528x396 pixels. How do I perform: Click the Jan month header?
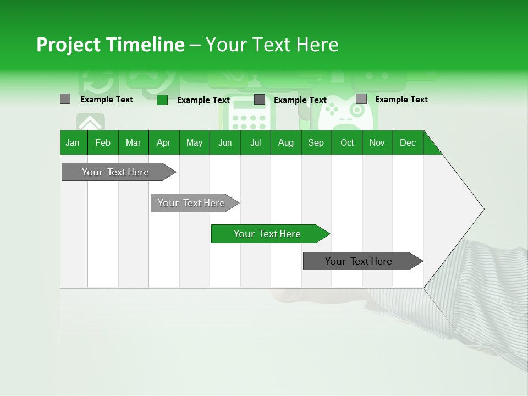[73, 142]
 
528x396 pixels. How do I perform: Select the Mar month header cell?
[133, 142]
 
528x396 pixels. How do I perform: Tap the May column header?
[194, 142]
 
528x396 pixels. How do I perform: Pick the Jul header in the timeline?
[255, 142]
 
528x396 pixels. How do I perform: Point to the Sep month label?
[316, 142]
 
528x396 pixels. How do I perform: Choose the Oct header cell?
[347, 142]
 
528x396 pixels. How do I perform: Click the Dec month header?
[408, 142]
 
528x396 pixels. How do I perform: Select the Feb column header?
[103, 142]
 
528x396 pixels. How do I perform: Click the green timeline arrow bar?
[270, 234]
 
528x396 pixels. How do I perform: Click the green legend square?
[162, 100]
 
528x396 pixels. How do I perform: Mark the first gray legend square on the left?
[65, 99]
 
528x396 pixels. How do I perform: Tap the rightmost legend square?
[361, 99]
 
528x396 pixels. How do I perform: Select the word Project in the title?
[69, 45]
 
